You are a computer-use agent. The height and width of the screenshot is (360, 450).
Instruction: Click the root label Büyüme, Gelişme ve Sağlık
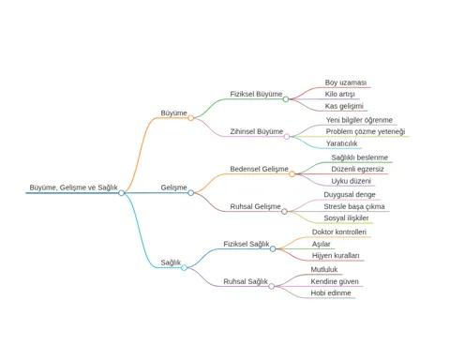pos(73,187)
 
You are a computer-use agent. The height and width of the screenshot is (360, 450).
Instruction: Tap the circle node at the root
pos(122,193)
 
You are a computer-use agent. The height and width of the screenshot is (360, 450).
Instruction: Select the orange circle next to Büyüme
pos(190,118)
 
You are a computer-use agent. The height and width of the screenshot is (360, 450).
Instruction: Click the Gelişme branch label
pos(173,187)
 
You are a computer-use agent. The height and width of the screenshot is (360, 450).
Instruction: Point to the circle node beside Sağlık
pos(184,267)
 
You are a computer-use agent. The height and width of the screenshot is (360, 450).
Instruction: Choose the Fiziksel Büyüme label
pos(256,94)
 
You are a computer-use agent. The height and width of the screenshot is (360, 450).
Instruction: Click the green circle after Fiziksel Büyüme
pos(286,99)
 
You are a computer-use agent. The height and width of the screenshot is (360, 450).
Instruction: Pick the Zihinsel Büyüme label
pos(257,131)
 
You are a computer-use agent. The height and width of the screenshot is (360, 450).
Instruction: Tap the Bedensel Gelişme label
pos(259,169)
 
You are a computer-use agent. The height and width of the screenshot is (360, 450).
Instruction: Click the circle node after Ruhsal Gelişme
pos(284,212)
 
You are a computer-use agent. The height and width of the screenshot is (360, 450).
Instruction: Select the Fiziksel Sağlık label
pos(247,244)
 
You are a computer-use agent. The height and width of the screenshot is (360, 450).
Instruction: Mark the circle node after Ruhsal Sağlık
pos(272,286)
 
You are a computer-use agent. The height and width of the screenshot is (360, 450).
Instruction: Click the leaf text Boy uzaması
pos(346,82)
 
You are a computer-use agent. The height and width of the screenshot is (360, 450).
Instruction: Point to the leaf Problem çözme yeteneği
pos(366,131)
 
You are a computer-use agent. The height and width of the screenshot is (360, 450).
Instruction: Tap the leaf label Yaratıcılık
pos(341,143)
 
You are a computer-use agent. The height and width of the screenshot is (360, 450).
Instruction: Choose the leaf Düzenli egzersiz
pos(357,169)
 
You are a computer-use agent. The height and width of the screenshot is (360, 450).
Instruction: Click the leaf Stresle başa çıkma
pos(354,206)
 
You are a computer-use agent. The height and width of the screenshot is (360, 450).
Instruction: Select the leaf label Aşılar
pos(321,244)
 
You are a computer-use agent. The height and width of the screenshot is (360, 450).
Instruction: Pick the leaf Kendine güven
pos(335,281)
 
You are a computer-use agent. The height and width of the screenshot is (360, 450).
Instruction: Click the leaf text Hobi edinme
pos(331,293)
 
